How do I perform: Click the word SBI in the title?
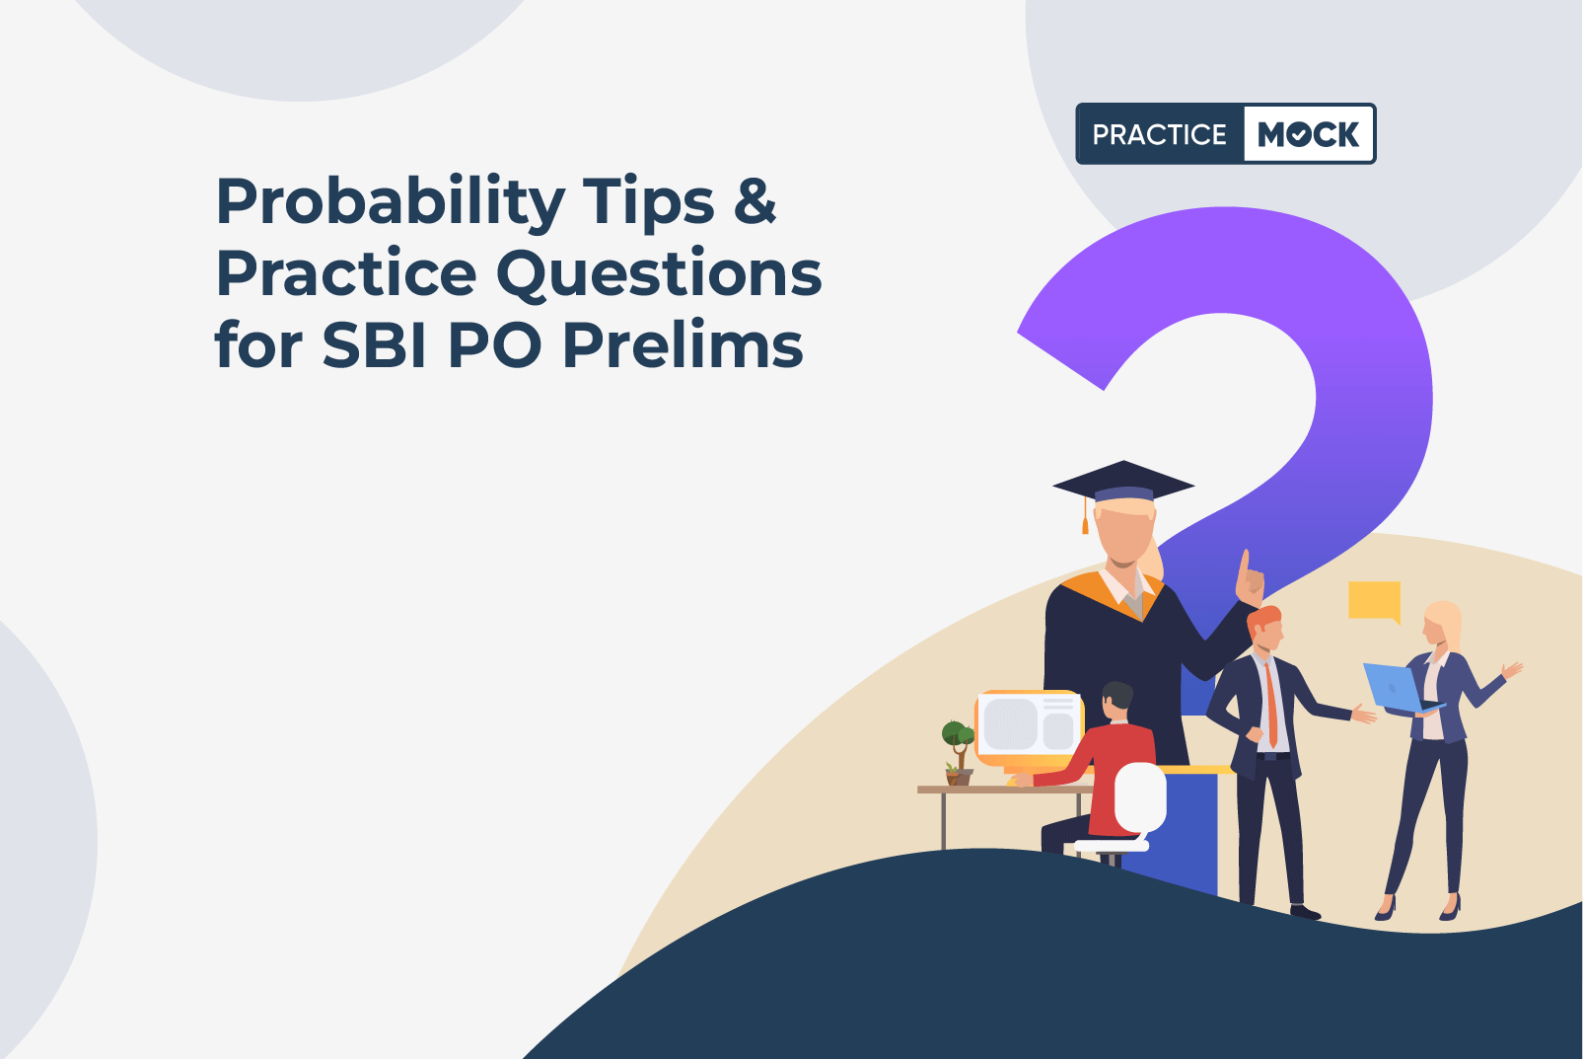click(374, 345)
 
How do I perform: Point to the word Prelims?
click(683, 344)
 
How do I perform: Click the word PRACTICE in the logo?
click(1160, 134)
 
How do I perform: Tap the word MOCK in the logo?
click(1308, 134)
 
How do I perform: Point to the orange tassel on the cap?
click(1086, 515)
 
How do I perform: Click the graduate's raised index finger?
click(1244, 567)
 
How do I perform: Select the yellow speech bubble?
click(1375, 602)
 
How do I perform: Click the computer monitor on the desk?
click(1029, 729)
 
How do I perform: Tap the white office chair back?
click(1140, 797)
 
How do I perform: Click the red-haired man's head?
click(1265, 629)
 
